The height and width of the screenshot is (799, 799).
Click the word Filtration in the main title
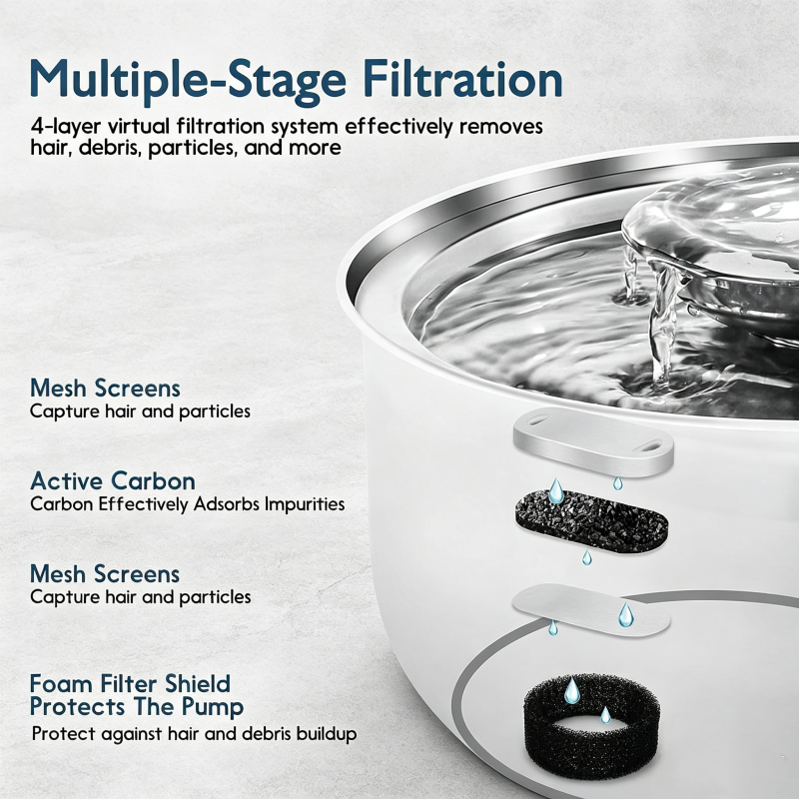(462, 80)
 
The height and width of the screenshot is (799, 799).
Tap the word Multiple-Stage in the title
(188, 82)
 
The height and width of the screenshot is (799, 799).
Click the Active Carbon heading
(113, 480)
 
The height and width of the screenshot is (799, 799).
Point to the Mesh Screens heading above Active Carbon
(105, 388)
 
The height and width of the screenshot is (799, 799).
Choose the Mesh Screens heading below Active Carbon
(105, 573)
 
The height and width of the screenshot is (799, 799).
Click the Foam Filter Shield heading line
(131, 683)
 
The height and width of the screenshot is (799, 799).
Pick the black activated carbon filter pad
(591, 521)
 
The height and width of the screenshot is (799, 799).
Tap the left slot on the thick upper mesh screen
(537, 420)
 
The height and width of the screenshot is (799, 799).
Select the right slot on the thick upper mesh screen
(651, 446)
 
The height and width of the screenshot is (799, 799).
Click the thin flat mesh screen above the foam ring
(591, 609)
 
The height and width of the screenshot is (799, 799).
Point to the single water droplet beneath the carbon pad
(587, 558)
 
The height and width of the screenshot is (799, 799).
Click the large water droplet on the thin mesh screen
(626, 614)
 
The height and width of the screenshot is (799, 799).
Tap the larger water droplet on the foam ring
(571, 690)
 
